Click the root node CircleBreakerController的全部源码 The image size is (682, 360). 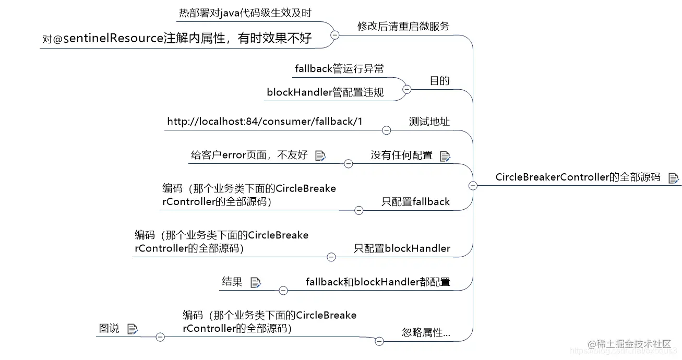tap(578, 177)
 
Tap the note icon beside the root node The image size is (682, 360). tap(673, 178)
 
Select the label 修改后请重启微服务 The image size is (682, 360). tap(403, 26)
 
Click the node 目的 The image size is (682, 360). tap(439, 81)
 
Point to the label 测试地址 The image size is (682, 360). tap(429, 122)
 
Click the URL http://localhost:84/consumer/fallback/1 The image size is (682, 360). tap(265, 122)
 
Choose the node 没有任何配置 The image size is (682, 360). tap(401, 155)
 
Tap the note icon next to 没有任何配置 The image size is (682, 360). tap(445, 156)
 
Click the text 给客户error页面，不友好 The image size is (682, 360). tap(249, 155)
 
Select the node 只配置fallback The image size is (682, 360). tap(415, 202)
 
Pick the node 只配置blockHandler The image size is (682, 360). tap(402, 248)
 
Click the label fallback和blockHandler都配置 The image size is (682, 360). tap(378, 282)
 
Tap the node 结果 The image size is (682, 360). tap(232, 282)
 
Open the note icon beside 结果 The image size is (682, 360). tap(255, 283)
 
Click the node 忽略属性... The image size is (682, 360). tap(426, 333)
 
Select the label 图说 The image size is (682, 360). tap(109, 329)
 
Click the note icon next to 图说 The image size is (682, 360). tap(132, 329)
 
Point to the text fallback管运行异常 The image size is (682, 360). tap(339, 69)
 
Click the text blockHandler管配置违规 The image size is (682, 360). tap(325, 92)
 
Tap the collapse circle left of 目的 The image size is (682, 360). tap(406, 89)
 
